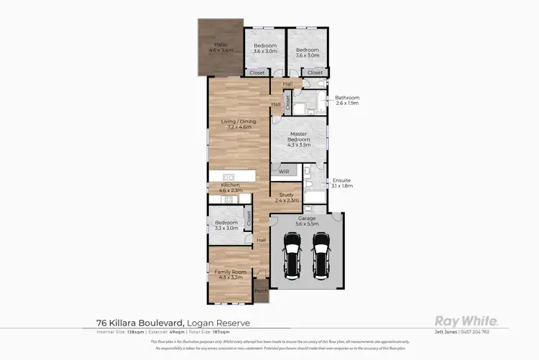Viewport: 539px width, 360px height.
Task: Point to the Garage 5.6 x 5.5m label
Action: pos(307,220)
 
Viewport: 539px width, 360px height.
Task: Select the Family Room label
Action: pos(229,274)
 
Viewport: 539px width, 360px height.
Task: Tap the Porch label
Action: pos(260,292)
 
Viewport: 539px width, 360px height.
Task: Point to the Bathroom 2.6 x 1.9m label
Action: pos(346,101)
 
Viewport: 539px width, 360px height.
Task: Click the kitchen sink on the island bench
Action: pos(229,177)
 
